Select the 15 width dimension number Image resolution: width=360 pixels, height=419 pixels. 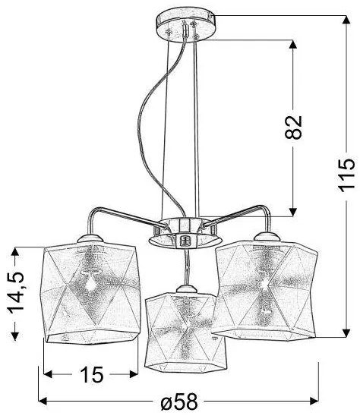tap(90, 374)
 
